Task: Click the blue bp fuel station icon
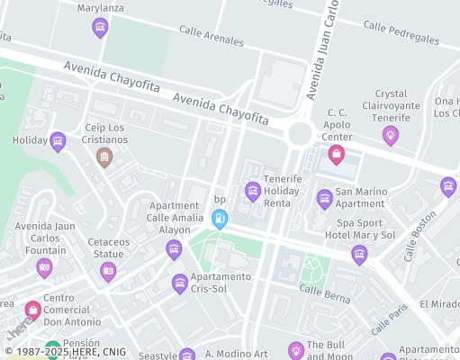(x=219, y=218)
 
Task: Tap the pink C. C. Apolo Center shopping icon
(x=336, y=154)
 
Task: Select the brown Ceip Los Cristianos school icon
(x=104, y=157)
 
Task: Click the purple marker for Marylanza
(x=100, y=28)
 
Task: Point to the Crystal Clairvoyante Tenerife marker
(x=390, y=135)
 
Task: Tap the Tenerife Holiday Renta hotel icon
(x=253, y=191)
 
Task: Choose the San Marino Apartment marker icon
(x=325, y=199)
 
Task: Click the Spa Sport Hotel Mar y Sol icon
(x=359, y=255)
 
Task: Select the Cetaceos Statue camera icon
(x=108, y=270)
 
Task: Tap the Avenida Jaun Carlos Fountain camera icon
(x=44, y=268)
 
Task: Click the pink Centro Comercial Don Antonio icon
(x=33, y=310)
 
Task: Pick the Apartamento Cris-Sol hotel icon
(x=180, y=284)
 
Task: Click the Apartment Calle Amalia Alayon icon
(x=174, y=249)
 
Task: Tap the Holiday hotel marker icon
(x=59, y=140)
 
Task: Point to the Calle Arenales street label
(x=212, y=36)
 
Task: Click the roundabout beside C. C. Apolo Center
(x=300, y=134)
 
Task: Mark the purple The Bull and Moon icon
(x=295, y=350)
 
